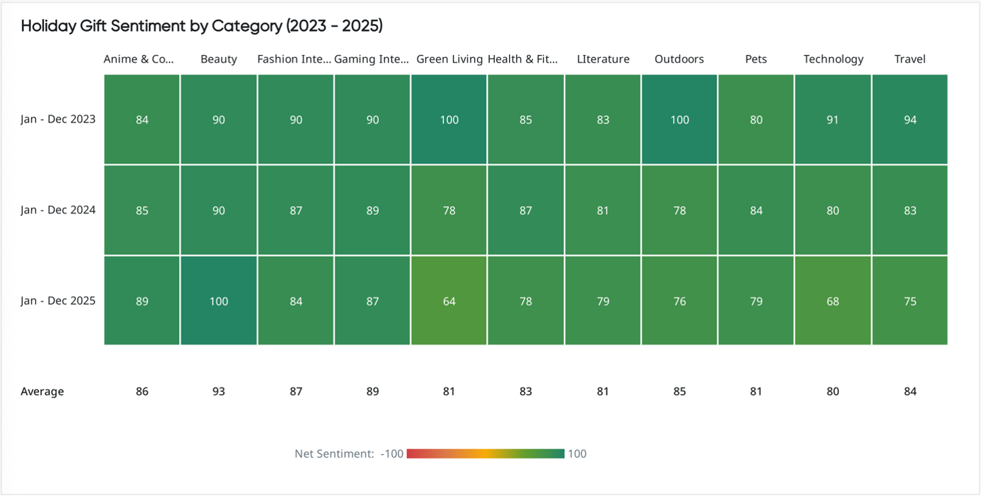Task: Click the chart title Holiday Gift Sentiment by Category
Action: pyautogui.click(x=202, y=26)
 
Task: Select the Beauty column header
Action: pyautogui.click(x=219, y=59)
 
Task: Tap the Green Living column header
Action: pyautogui.click(x=449, y=59)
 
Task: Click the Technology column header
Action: pyautogui.click(x=833, y=59)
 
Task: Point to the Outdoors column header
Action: pyautogui.click(x=679, y=59)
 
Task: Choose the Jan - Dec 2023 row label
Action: pyautogui.click(x=58, y=119)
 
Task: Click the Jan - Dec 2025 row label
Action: pyautogui.click(x=58, y=301)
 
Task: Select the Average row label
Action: pyautogui.click(x=42, y=391)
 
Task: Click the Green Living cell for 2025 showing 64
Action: pyautogui.click(x=449, y=301)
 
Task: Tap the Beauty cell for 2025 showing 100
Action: pyautogui.click(x=219, y=301)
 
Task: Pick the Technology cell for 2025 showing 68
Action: pyautogui.click(x=833, y=301)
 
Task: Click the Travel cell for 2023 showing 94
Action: pyautogui.click(x=910, y=119)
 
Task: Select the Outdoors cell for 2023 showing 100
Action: pyautogui.click(x=679, y=119)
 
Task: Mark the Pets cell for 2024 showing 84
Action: pyautogui.click(x=756, y=210)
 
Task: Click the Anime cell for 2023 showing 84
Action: pyautogui.click(x=142, y=119)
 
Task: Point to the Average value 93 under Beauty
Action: pyautogui.click(x=219, y=391)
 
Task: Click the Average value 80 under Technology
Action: pyautogui.click(x=833, y=391)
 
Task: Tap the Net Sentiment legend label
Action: pyautogui.click(x=334, y=454)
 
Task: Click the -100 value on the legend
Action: pyautogui.click(x=392, y=454)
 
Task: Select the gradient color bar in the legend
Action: pyautogui.click(x=485, y=454)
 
